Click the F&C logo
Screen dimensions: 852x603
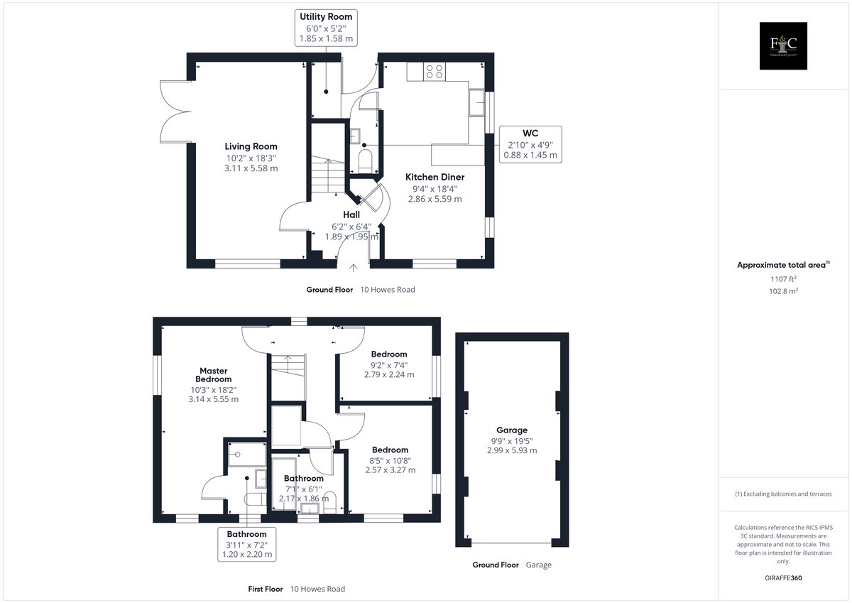(783, 45)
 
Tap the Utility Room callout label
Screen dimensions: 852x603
(326, 28)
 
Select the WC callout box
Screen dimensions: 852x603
(530, 144)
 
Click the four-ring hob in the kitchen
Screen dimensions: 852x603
(435, 72)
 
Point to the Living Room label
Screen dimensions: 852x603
(251, 157)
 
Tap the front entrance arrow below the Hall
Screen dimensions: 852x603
(354, 268)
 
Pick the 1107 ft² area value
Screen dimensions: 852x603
(783, 279)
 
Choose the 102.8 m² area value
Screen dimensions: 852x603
(783, 291)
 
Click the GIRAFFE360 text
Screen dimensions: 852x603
(783, 578)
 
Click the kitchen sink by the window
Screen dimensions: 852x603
(476, 102)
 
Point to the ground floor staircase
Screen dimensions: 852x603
(328, 175)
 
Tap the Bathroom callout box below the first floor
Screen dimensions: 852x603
(247, 544)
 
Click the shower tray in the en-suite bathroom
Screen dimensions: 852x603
(247, 454)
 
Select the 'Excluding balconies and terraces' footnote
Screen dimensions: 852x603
(783, 494)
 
